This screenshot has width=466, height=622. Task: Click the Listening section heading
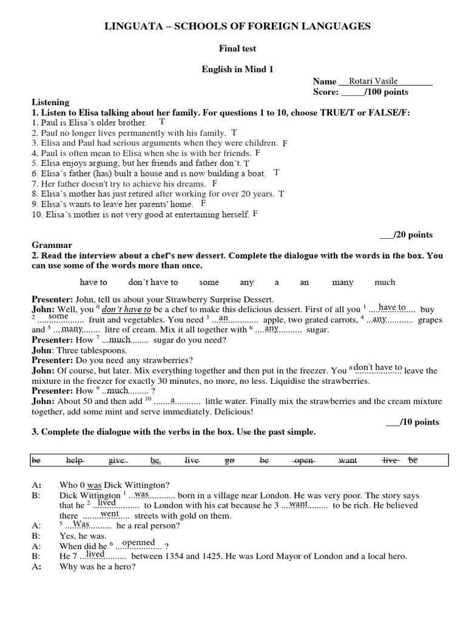click(x=50, y=103)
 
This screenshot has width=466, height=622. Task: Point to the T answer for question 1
click(x=162, y=121)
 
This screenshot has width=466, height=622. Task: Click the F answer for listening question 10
click(x=255, y=214)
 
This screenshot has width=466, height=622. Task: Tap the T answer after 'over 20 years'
click(x=281, y=194)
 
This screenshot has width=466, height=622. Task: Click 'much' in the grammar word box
click(x=385, y=282)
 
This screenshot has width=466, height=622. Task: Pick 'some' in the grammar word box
click(x=208, y=282)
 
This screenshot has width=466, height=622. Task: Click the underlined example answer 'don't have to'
click(x=127, y=309)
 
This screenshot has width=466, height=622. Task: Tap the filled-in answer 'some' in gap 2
click(x=58, y=316)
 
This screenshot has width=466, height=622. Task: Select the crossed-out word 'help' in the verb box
click(x=75, y=461)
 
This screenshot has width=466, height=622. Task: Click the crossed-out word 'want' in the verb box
click(x=348, y=461)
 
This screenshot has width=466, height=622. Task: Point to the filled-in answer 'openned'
click(x=139, y=542)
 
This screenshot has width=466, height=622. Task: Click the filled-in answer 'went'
click(x=109, y=513)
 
